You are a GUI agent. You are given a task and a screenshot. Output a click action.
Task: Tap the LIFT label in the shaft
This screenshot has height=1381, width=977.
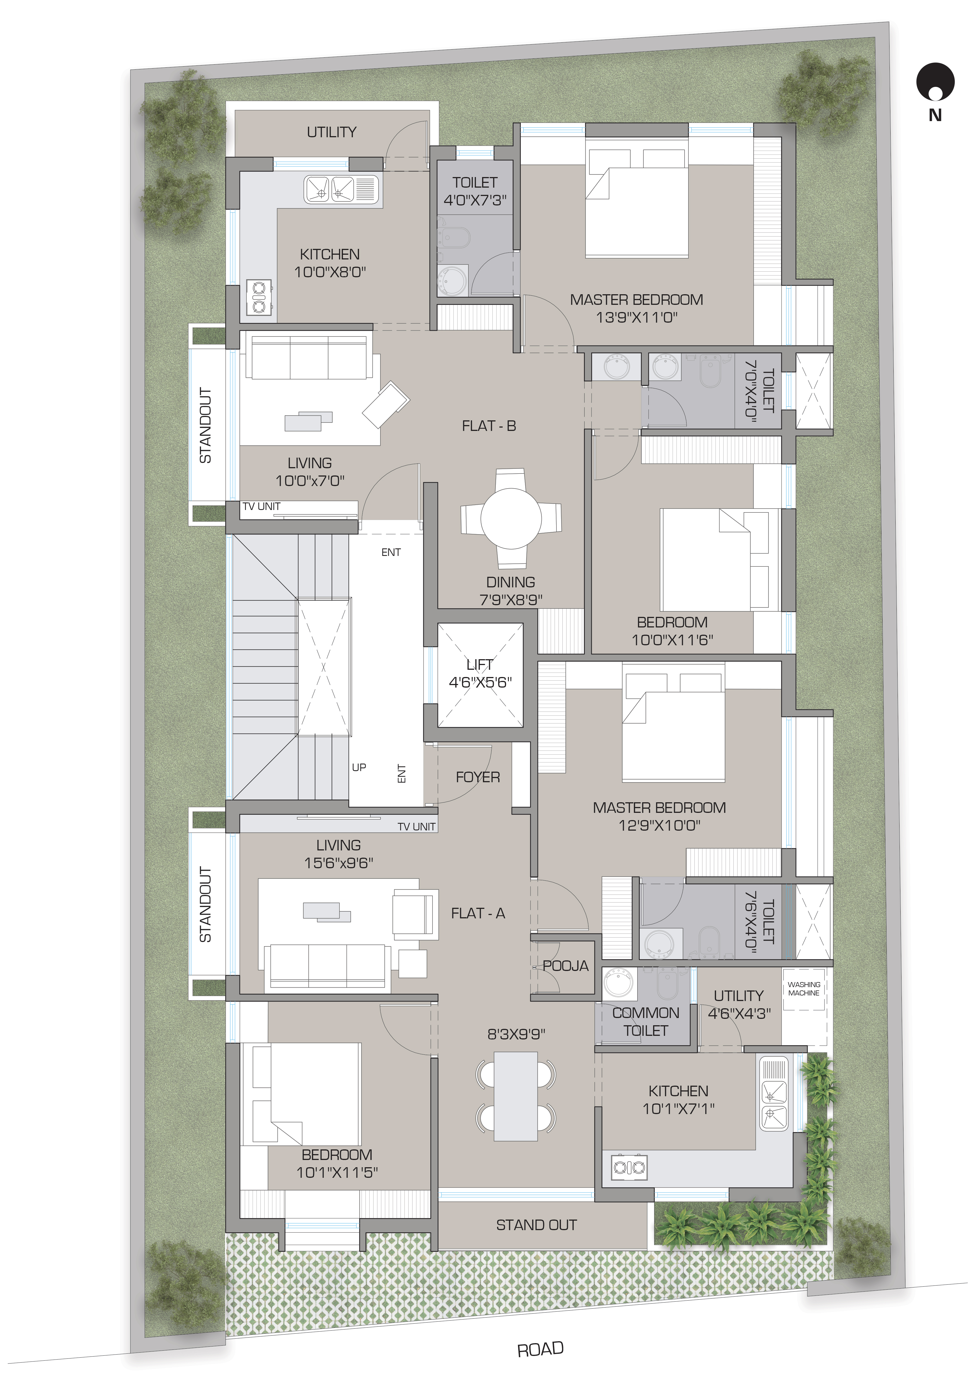(x=480, y=665)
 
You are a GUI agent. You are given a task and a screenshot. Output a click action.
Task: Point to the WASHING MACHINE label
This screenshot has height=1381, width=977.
(x=804, y=989)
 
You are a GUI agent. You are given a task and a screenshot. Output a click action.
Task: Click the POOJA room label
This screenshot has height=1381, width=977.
(x=565, y=966)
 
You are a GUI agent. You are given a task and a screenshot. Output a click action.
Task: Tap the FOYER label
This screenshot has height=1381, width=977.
(x=478, y=777)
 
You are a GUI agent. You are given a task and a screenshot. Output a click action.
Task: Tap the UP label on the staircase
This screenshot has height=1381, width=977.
(x=359, y=767)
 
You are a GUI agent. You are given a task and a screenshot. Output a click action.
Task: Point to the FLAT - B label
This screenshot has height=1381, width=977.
(x=488, y=426)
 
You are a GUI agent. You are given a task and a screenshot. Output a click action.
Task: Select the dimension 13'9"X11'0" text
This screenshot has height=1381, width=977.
(x=636, y=317)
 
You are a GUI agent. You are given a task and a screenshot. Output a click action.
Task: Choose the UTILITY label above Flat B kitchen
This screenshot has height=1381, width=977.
(x=331, y=132)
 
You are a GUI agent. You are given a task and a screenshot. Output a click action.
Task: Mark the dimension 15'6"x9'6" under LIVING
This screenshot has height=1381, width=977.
(x=339, y=862)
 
